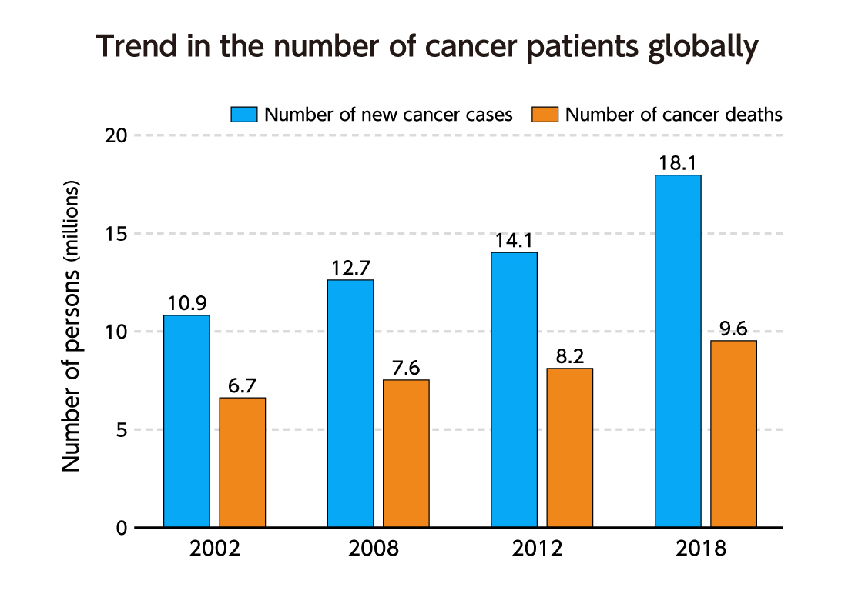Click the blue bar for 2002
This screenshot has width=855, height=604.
coord(186,421)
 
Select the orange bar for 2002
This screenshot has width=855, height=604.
coord(243,462)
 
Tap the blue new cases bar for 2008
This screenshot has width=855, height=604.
coord(350,403)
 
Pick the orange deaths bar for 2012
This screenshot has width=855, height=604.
coord(570,448)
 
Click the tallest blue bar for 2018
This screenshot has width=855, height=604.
coord(678,351)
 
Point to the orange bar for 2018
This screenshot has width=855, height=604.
coord(733,434)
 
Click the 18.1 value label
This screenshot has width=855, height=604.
coord(678,164)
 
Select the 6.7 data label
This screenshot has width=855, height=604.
coord(243,385)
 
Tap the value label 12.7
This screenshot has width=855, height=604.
coord(350,268)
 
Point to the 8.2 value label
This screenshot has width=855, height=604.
coord(570,357)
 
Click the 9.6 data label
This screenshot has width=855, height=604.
coord(733,329)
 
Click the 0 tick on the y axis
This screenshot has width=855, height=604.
coord(122,528)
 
